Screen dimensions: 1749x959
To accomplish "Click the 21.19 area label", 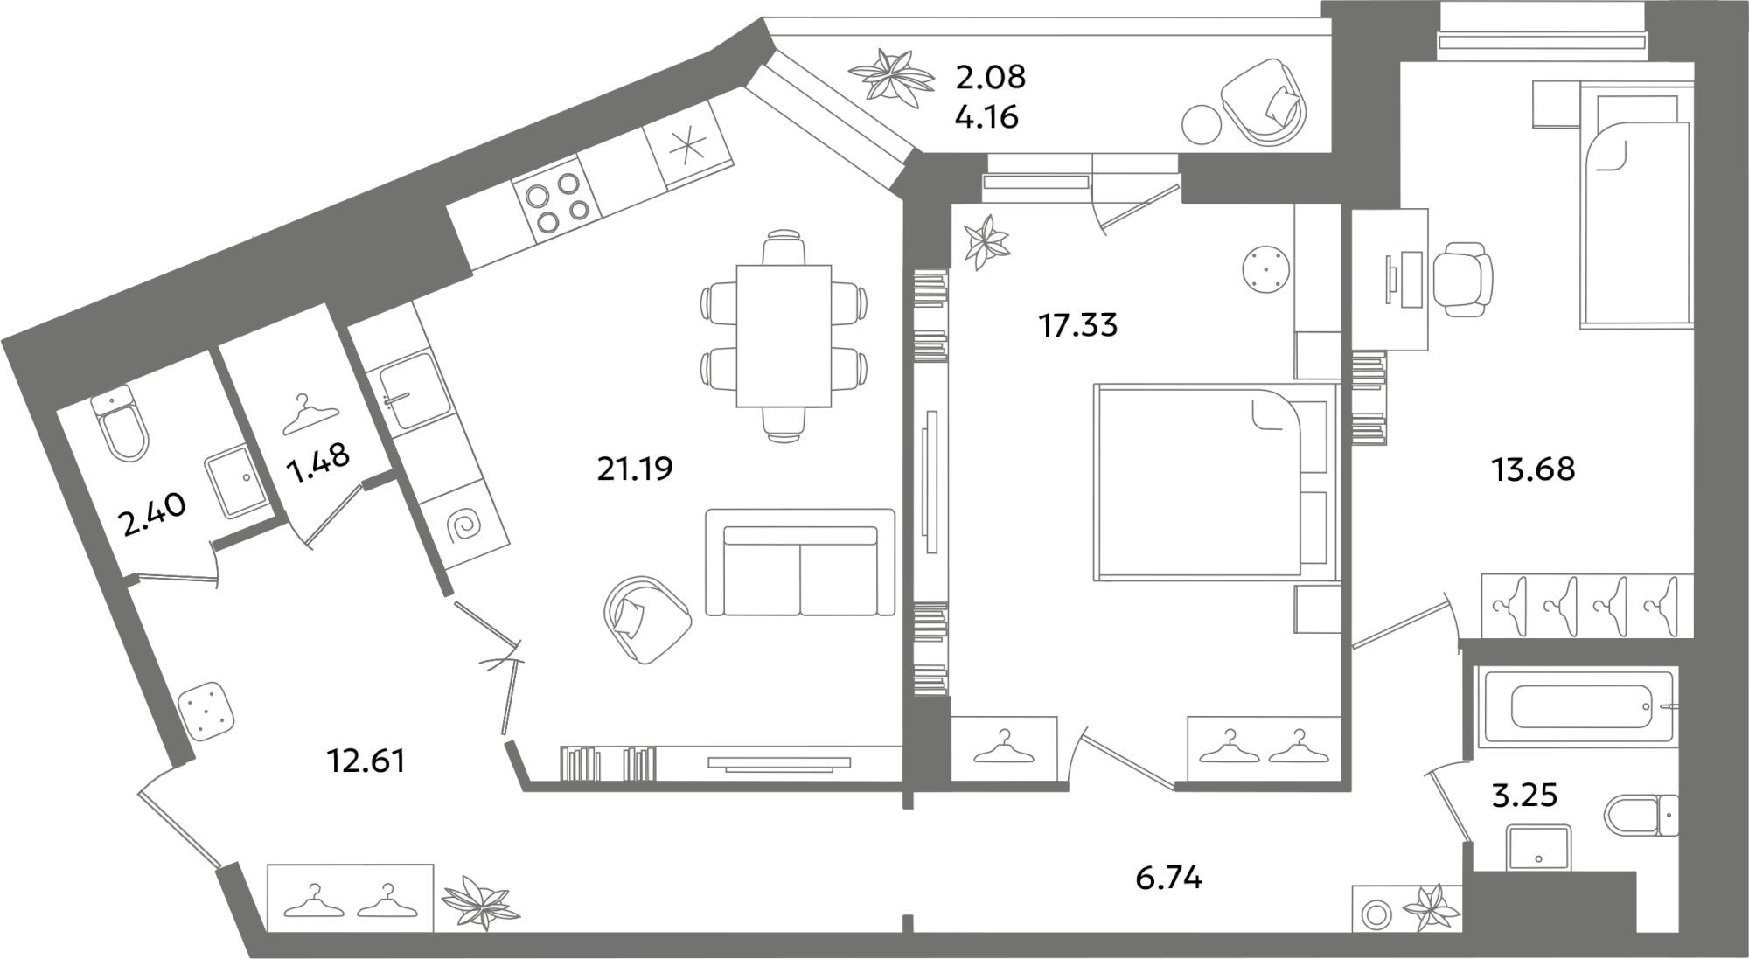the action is pos(635,469).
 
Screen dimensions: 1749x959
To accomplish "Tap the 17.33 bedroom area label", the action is pos(1078,325).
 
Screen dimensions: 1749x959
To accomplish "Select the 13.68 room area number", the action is pos(1533,469).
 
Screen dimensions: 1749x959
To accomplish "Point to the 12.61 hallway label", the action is pos(366,761).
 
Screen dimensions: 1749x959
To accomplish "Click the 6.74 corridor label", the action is pos(1169,878).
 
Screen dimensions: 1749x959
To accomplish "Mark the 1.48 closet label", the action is pos(319,463).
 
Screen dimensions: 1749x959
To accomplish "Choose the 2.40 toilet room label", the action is pos(152,516).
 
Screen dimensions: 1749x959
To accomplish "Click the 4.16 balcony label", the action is pos(987,116).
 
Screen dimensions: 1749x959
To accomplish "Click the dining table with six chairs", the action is pos(784,337).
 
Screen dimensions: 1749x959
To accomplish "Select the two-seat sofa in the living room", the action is pos(800,563).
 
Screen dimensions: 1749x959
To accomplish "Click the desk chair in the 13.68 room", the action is pos(1461,279).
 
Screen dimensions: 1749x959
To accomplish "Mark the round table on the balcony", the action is pos(1201,124).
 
